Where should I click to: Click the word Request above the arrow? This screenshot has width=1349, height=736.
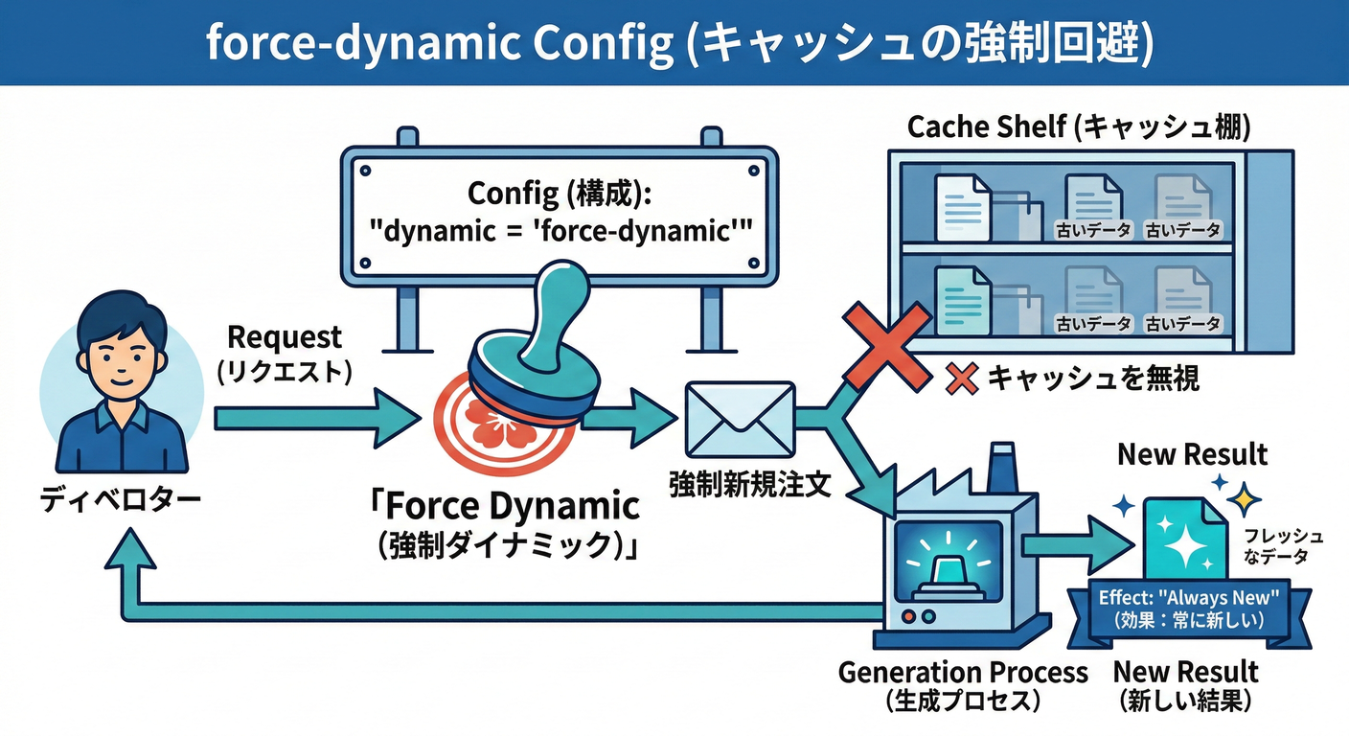click(x=284, y=337)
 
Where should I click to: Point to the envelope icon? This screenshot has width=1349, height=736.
click(x=739, y=419)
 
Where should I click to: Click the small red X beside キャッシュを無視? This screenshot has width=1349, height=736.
click(x=961, y=379)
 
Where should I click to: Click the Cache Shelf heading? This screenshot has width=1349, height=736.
click(x=1078, y=126)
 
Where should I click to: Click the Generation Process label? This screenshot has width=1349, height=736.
click(x=962, y=672)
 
